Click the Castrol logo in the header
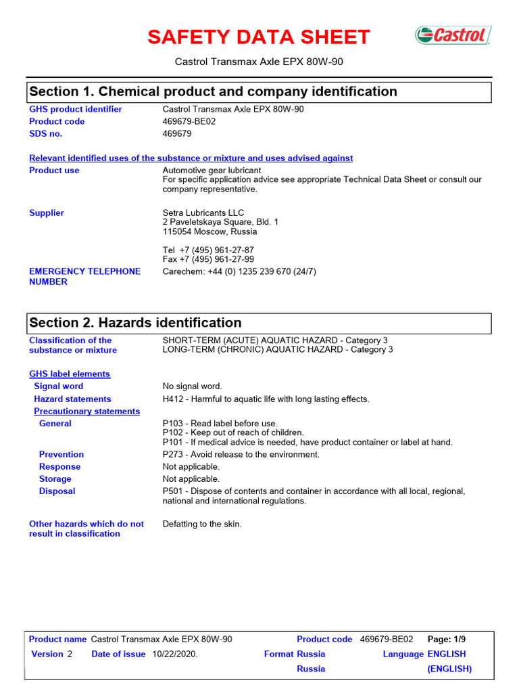(452, 35)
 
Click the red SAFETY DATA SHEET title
(259, 37)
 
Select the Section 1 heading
(213, 91)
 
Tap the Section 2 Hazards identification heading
(135, 323)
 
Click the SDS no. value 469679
(177, 134)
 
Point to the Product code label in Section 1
(57, 122)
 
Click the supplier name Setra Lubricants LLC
(203, 213)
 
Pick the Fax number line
(208, 260)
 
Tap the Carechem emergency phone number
(239, 272)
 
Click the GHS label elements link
(70, 374)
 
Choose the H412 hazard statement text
(266, 399)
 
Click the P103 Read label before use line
(220, 424)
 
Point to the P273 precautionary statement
(241, 455)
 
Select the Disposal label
(57, 491)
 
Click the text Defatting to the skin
(202, 524)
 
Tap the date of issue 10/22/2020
(174, 654)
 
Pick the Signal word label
(59, 386)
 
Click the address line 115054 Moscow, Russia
(209, 232)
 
